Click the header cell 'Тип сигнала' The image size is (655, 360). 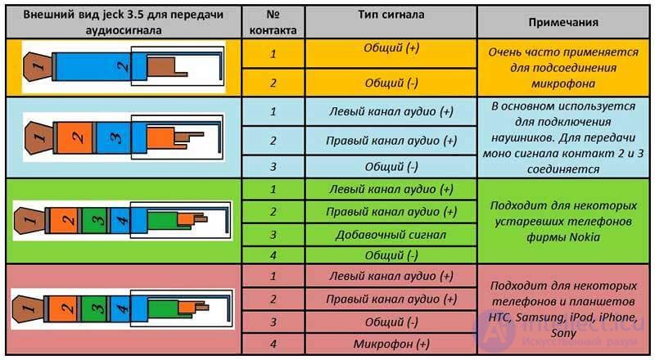pyautogui.click(x=391, y=22)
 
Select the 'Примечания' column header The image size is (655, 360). pyautogui.click(x=563, y=22)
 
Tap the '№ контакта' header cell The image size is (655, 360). pyautogui.click(x=273, y=22)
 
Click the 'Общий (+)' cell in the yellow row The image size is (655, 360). pyautogui.click(x=391, y=53)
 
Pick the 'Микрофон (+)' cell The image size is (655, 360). pyautogui.click(x=391, y=344)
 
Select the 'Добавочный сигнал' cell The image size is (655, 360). pyautogui.click(x=391, y=235)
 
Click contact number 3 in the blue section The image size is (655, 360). pyautogui.click(x=273, y=167)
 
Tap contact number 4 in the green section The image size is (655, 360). pyautogui.click(x=273, y=255)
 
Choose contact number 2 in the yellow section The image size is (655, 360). pyautogui.click(x=273, y=83)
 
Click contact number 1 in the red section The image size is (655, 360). pyautogui.click(x=273, y=276)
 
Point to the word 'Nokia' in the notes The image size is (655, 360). pyautogui.click(x=585, y=237)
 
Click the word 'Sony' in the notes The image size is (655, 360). pyautogui.click(x=563, y=333)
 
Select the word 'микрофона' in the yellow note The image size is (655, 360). pyautogui.click(x=563, y=83)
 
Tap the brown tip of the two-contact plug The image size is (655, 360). pyautogui.click(x=38, y=66)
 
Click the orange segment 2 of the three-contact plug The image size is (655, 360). pyautogui.click(x=75, y=137)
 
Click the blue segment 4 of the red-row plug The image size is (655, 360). pyautogui.click(x=120, y=308)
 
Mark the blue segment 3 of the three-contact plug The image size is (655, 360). pyautogui.click(x=114, y=137)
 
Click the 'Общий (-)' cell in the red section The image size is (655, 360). pyautogui.click(x=391, y=322)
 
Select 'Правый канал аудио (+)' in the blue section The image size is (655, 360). pyautogui.click(x=391, y=141)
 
